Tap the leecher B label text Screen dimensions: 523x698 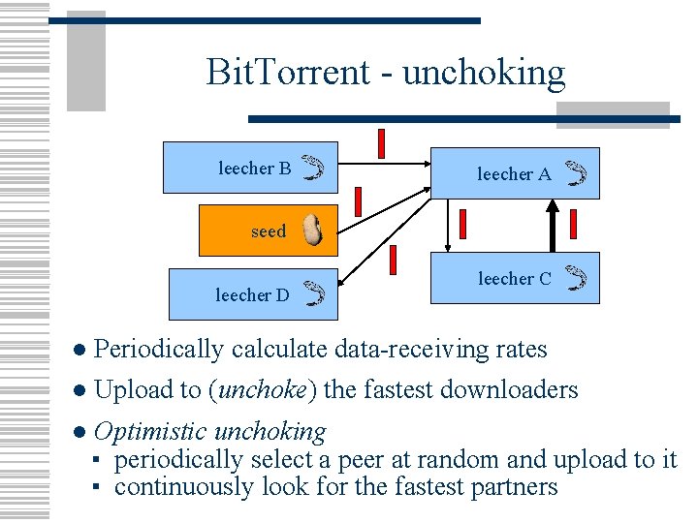click(254, 169)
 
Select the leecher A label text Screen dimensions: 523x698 click(514, 174)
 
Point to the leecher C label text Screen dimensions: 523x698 click(514, 279)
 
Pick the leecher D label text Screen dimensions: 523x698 click(252, 294)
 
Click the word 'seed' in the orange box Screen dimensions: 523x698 click(269, 231)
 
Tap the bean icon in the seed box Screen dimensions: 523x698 click(311, 231)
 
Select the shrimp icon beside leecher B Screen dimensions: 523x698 click(311, 169)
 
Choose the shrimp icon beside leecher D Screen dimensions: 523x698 click(312, 292)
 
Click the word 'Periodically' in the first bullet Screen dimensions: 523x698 click(160, 350)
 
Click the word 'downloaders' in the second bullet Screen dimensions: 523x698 click(509, 390)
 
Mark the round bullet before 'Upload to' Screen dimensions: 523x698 click(81, 391)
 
